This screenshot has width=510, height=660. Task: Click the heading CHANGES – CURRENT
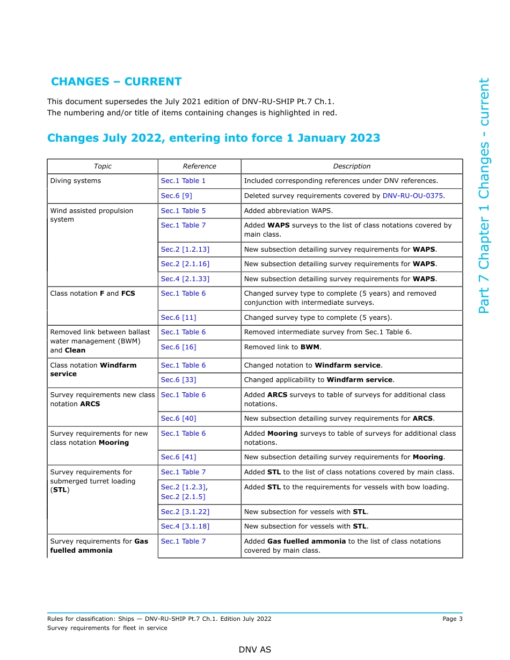point(116,82)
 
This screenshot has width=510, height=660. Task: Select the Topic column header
point(103,166)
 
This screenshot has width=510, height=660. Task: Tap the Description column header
point(352,166)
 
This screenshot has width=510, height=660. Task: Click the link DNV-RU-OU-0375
point(412,196)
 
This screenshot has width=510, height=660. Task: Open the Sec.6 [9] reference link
point(176,196)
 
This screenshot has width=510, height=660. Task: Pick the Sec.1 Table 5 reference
point(183,211)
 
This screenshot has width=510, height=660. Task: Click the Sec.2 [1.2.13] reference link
point(185,250)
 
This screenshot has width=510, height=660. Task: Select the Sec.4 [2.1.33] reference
point(185,279)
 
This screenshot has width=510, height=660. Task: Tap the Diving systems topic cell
point(76,181)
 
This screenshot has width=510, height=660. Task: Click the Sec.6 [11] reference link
point(178,318)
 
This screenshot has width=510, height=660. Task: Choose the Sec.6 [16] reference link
point(178,347)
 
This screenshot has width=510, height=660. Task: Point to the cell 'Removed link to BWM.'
point(282,347)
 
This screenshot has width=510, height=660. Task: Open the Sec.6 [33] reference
point(178,380)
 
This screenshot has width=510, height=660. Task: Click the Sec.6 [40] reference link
point(178,419)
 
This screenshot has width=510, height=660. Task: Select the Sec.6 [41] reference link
point(178,457)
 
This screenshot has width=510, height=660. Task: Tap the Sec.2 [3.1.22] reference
point(185,512)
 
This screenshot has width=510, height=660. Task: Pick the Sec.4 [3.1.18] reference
point(185,526)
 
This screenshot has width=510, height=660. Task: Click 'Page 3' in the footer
point(452,619)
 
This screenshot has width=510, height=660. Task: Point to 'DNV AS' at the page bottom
point(255,650)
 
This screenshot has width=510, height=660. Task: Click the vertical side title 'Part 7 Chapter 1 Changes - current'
point(484,196)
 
